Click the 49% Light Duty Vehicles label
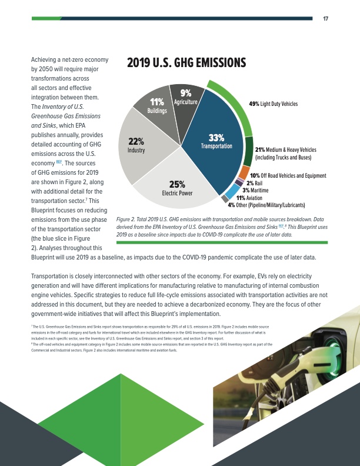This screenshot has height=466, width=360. tap(282, 104)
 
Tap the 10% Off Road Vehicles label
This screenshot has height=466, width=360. tap(288, 175)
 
